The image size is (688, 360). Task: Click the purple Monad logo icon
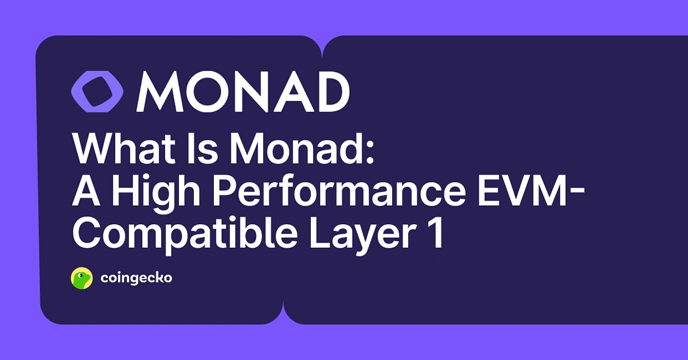tap(97, 92)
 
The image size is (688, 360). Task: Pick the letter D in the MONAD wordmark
tap(330, 92)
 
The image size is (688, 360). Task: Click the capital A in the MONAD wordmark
tap(292, 92)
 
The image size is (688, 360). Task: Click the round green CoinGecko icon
tap(81, 279)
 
